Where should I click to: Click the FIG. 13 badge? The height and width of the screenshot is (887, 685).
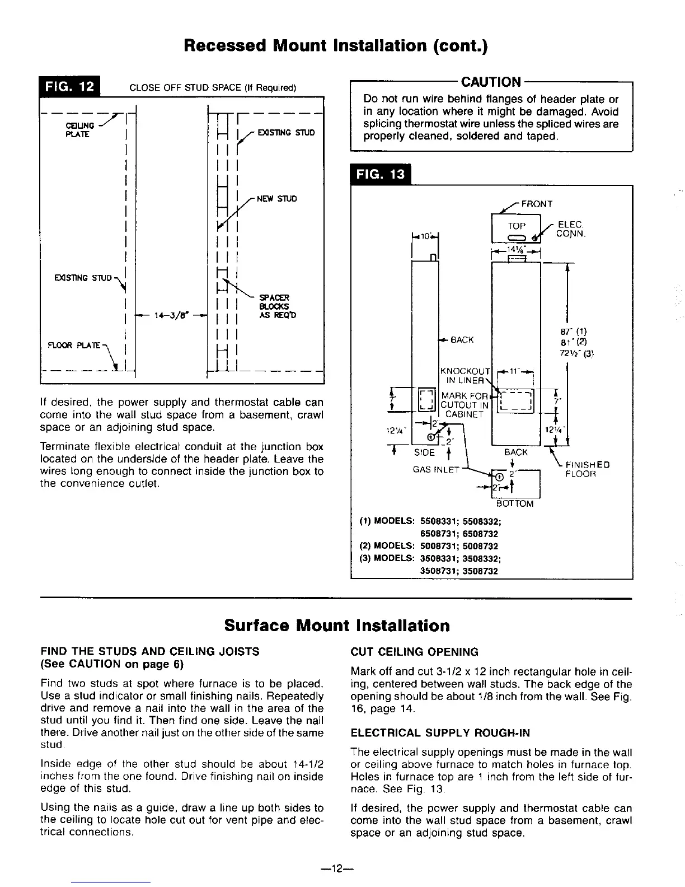pos(379,174)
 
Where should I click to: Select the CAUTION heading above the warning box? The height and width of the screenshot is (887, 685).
pos(490,82)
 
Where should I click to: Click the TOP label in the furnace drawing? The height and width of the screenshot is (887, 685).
pos(517,226)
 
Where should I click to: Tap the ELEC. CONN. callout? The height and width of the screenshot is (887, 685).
pos(571,230)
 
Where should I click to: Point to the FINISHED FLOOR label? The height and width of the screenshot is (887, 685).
pos(587,469)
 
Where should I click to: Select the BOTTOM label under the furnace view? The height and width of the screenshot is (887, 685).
pos(515,503)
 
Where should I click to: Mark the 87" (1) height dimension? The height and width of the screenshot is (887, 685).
pos(572,331)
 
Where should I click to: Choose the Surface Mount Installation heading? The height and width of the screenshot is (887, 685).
pos(337,625)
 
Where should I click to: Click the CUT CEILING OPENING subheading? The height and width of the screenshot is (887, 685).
pos(414,652)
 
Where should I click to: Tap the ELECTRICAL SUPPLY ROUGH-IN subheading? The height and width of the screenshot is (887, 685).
pos(440,733)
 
